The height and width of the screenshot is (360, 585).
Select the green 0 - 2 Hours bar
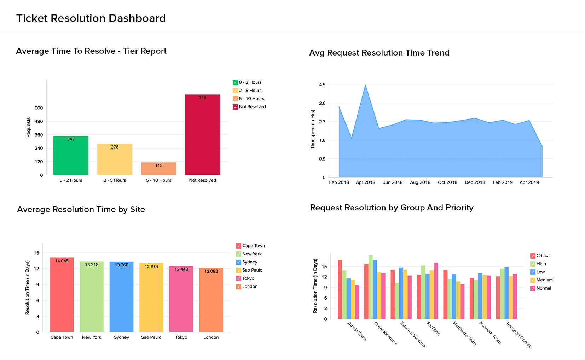tap(71, 156)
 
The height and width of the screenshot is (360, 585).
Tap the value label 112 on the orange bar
tap(159, 166)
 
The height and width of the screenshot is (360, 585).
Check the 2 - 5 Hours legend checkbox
tap(235, 91)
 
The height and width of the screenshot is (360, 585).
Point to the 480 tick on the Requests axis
tap(39, 121)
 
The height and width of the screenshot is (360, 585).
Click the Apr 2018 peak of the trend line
tap(365, 85)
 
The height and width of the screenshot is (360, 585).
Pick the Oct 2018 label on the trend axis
tap(447, 182)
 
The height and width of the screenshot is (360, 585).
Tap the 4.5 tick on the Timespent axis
tap(322, 85)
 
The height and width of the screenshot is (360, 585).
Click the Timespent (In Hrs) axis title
tap(313, 129)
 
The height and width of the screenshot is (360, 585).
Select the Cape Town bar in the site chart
tap(62, 295)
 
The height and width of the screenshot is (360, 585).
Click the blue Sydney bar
tap(121, 297)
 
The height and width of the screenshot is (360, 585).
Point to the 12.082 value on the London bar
tap(211, 271)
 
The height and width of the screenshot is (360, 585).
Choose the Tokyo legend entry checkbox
tap(239, 278)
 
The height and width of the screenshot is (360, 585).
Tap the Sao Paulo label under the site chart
tap(151, 337)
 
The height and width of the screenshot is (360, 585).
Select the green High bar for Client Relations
tap(371, 286)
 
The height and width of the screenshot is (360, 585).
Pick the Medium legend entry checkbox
tap(533, 280)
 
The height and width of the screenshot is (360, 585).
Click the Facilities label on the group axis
tap(433, 329)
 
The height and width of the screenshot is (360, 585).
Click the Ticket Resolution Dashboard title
tap(91, 18)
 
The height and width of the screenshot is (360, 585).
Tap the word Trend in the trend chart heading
tap(438, 53)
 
